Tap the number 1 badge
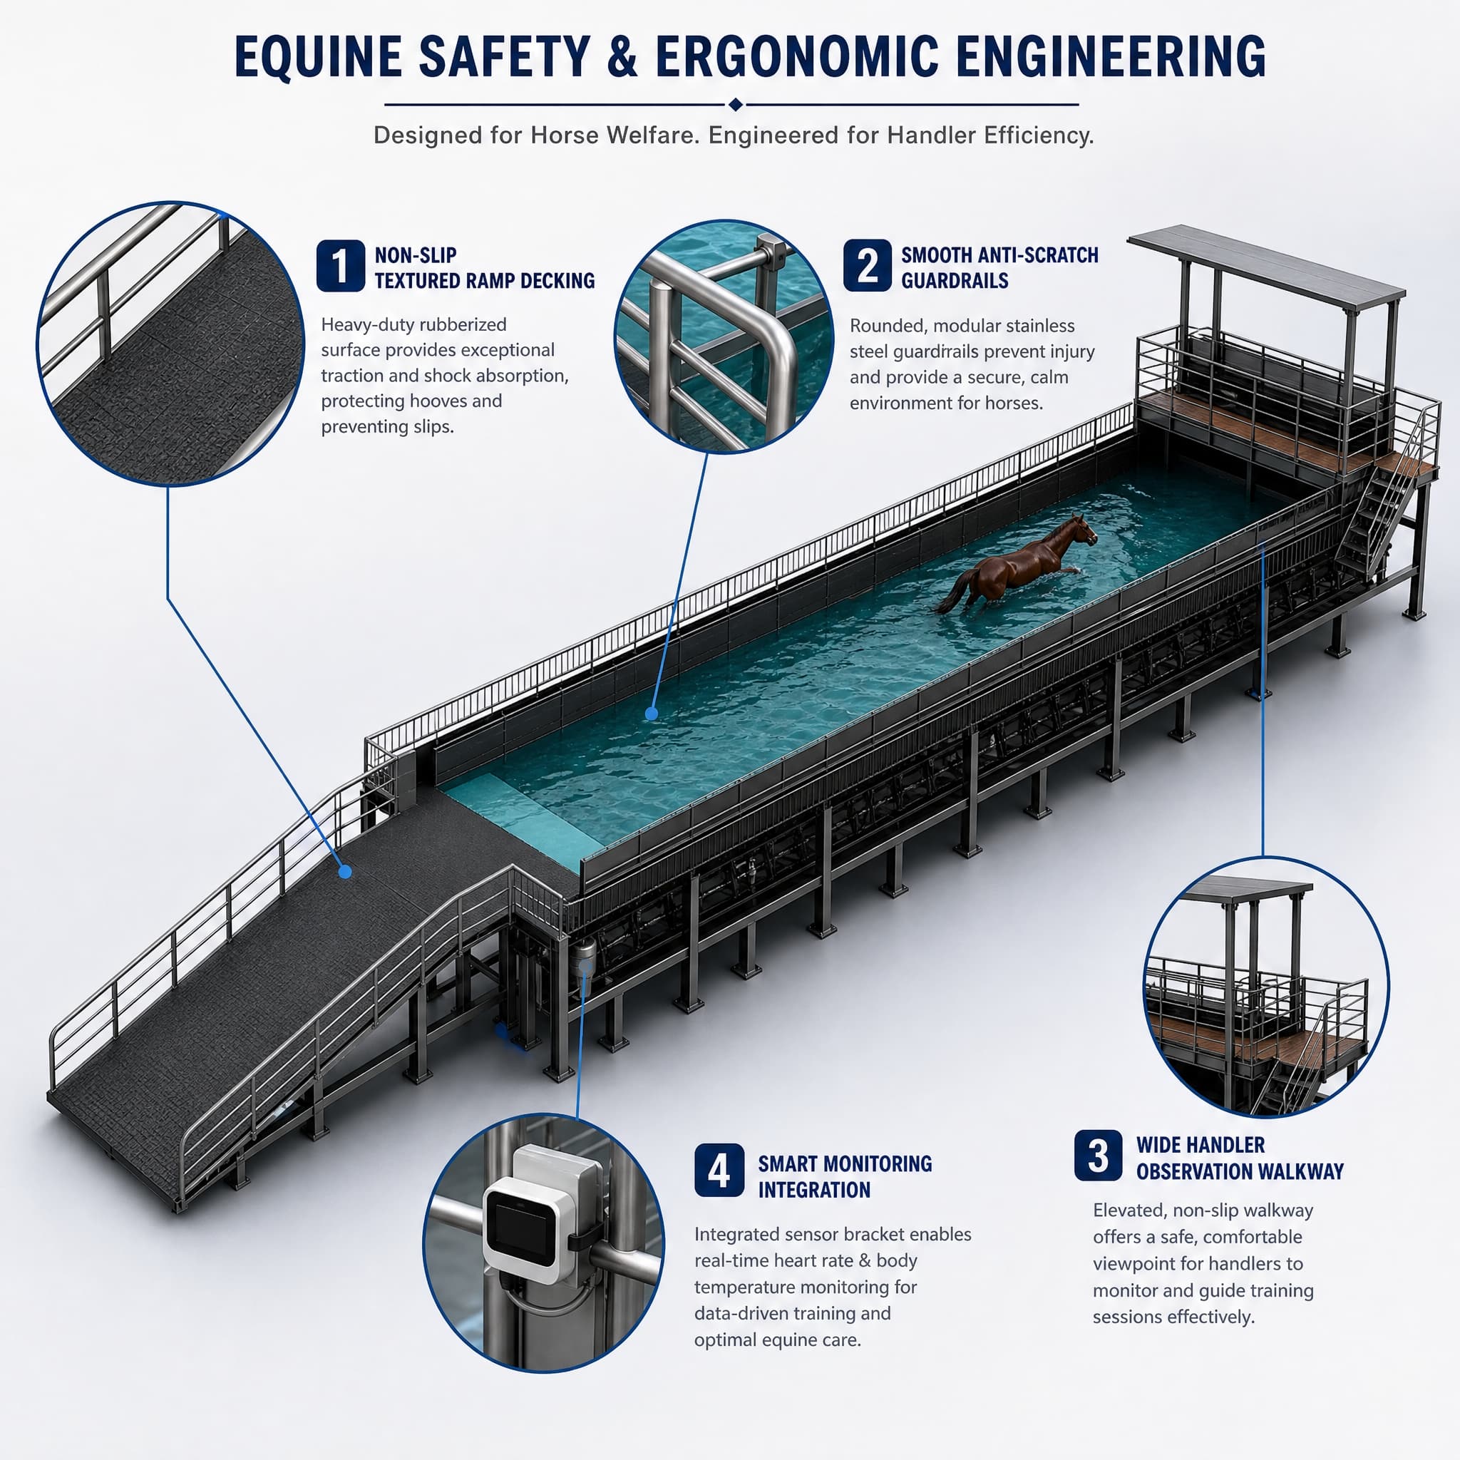(340, 266)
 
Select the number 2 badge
(867, 266)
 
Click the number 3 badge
(1098, 1156)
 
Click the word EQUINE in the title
(318, 57)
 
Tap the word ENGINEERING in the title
(1111, 57)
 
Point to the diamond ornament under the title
(734, 104)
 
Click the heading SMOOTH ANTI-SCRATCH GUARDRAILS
(999, 267)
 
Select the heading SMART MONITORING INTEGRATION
(845, 1176)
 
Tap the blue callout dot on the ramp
(345, 871)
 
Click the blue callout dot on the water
(652, 713)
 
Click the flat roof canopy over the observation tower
(1266, 266)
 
